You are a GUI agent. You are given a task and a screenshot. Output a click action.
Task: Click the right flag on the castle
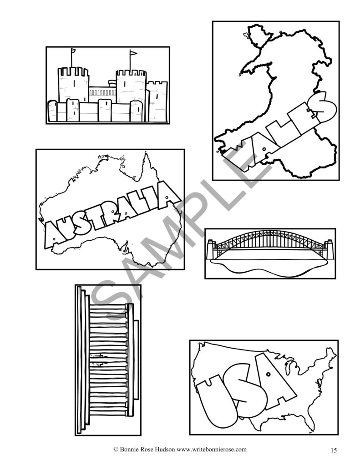(x=133, y=54)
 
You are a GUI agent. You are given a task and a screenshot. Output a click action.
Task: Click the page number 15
(x=334, y=451)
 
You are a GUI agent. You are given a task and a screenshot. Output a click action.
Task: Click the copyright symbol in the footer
(x=116, y=449)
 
